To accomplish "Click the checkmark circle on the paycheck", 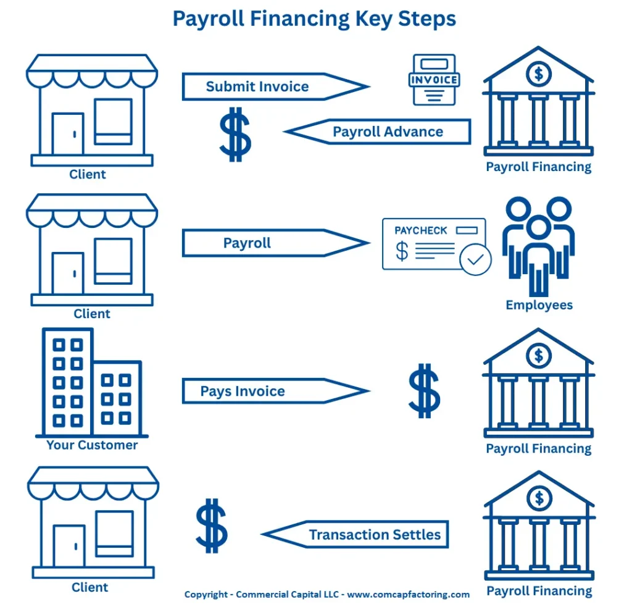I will (475, 259).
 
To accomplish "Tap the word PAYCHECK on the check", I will (421, 230).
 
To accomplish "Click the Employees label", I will (539, 305).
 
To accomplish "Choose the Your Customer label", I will (92, 445).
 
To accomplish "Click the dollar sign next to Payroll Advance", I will (235, 135).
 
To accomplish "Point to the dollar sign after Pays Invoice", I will (424, 390).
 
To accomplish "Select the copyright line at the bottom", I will (326, 594).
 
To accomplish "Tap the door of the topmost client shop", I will (67, 133).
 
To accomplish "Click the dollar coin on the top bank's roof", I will (539, 74).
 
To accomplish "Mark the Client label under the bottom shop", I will (89, 587).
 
